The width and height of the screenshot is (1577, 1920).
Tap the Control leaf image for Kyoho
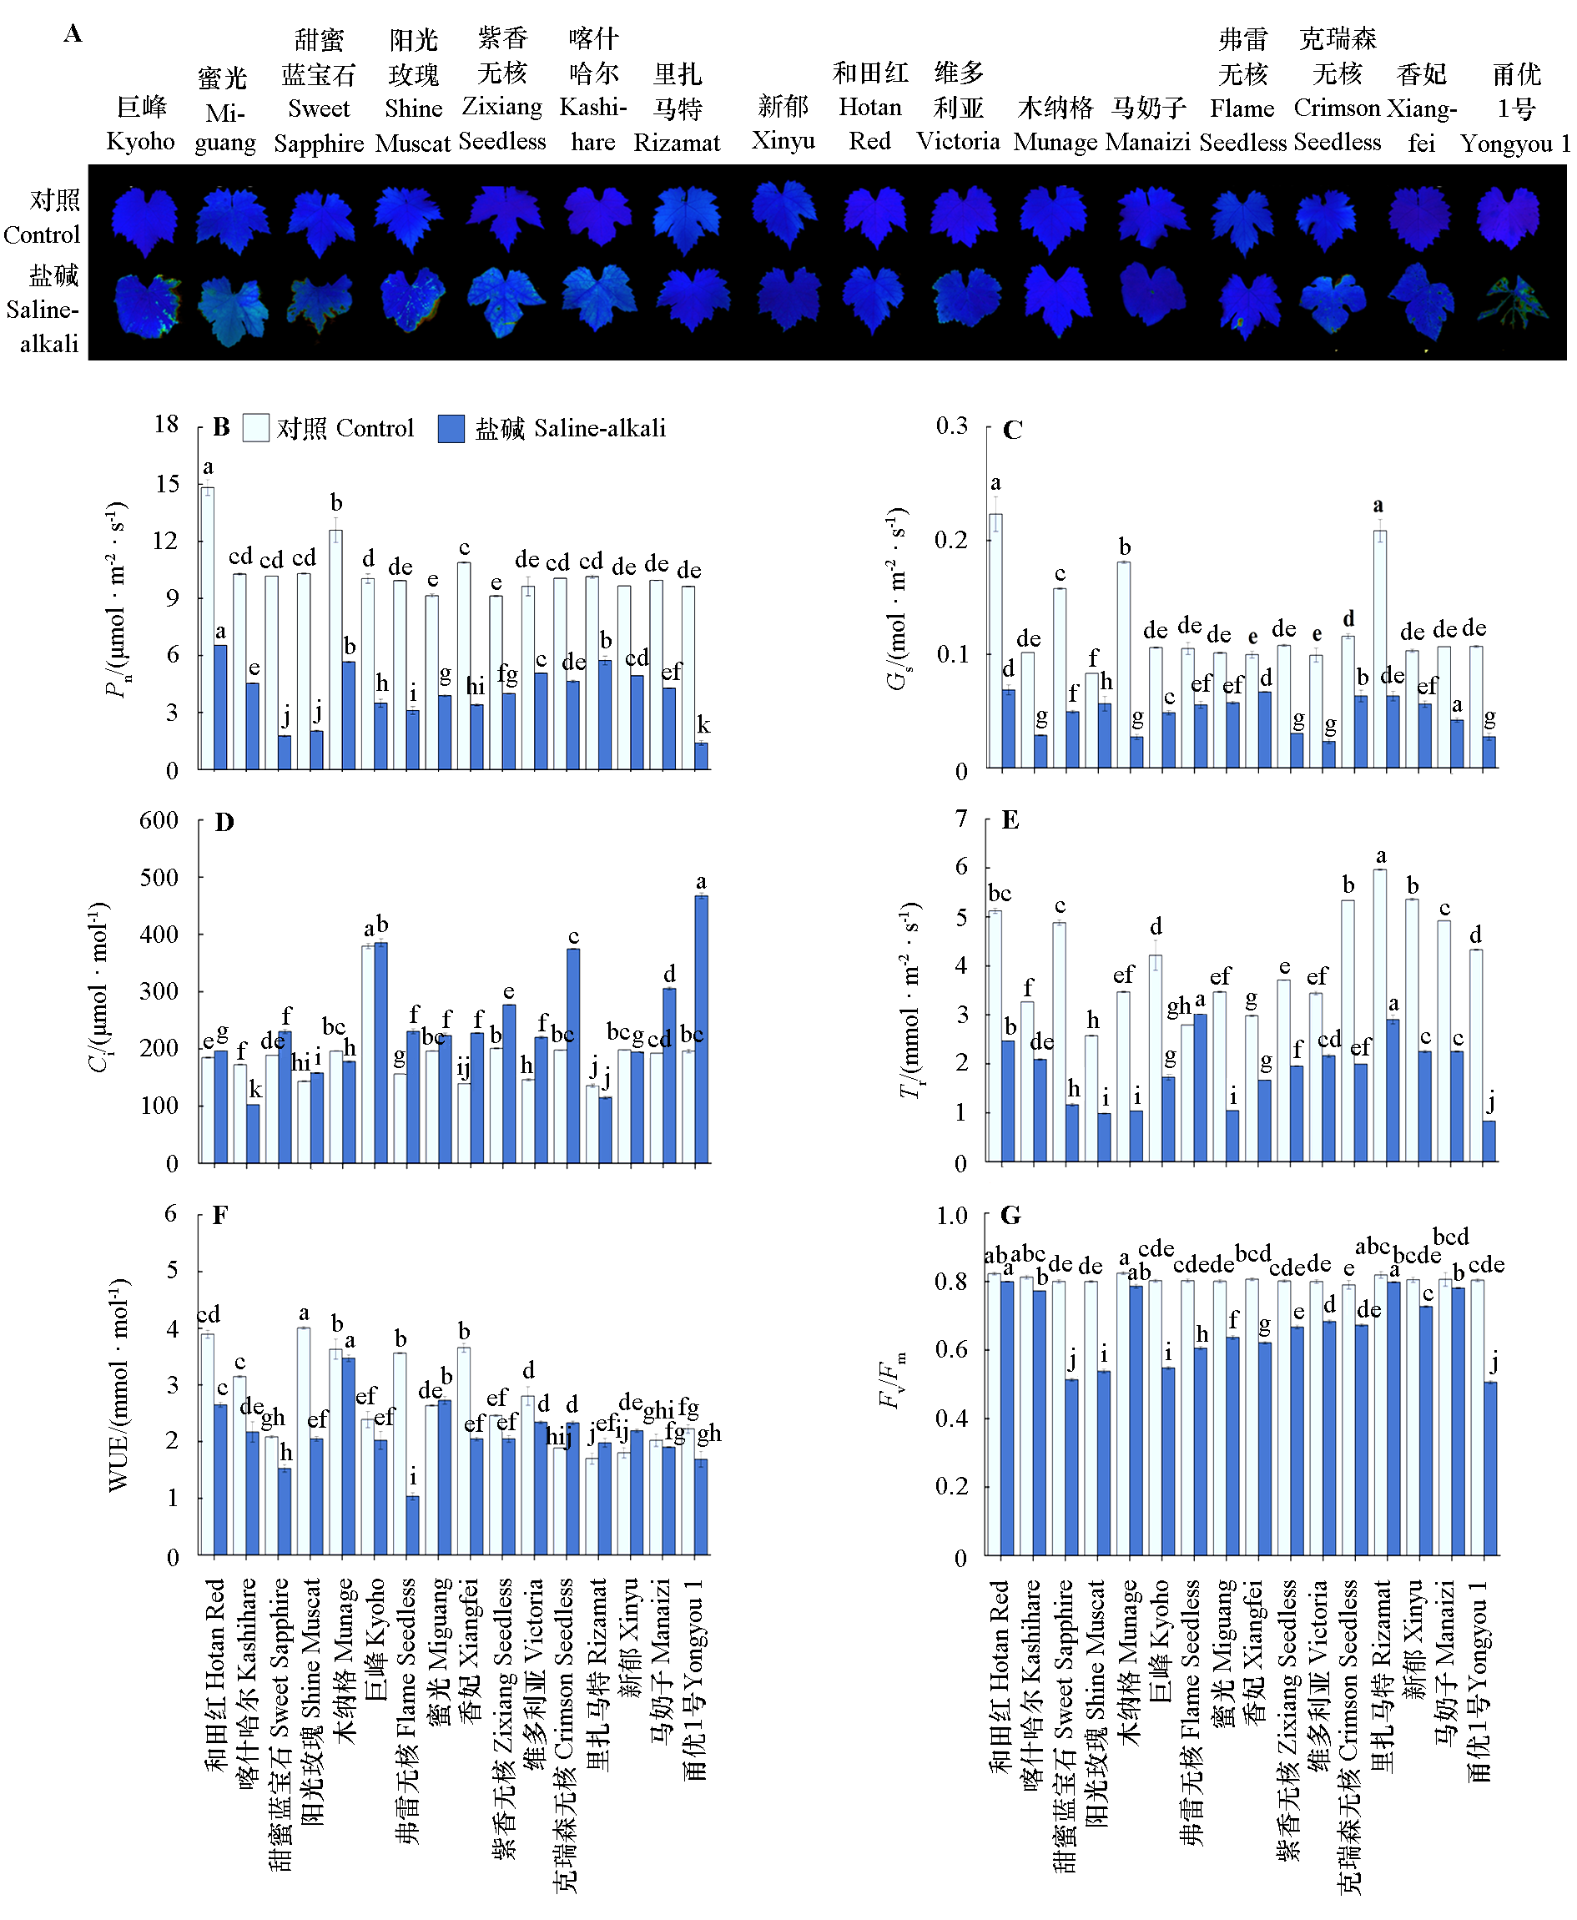pyautogui.click(x=144, y=220)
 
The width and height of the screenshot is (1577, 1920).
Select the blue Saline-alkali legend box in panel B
pyautogui.click(x=451, y=429)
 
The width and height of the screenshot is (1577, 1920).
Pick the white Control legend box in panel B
pyautogui.click(x=256, y=429)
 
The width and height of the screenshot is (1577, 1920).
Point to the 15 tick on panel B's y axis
pyautogui.click(x=167, y=484)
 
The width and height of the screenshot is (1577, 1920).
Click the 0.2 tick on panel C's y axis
pyautogui.click(x=952, y=540)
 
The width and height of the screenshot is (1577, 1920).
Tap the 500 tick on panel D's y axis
pyautogui.click(x=160, y=877)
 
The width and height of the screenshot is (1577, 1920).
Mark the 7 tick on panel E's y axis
pyautogui.click(x=961, y=819)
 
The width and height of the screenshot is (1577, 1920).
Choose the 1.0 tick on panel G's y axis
pyautogui.click(x=952, y=1215)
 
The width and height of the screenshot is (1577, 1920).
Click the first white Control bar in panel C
pyautogui.click(x=995, y=641)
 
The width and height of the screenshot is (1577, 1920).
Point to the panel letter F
pyautogui.click(x=219, y=1215)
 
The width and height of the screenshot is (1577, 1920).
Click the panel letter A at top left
pyautogui.click(x=73, y=33)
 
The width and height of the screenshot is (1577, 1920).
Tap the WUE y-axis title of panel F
pyautogui.click(x=119, y=1385)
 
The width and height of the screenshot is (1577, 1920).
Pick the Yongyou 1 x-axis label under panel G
pyautogui.click(x=1481, y=1681)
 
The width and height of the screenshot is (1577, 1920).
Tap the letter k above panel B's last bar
pyautogui.click(x=703, y=725)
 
